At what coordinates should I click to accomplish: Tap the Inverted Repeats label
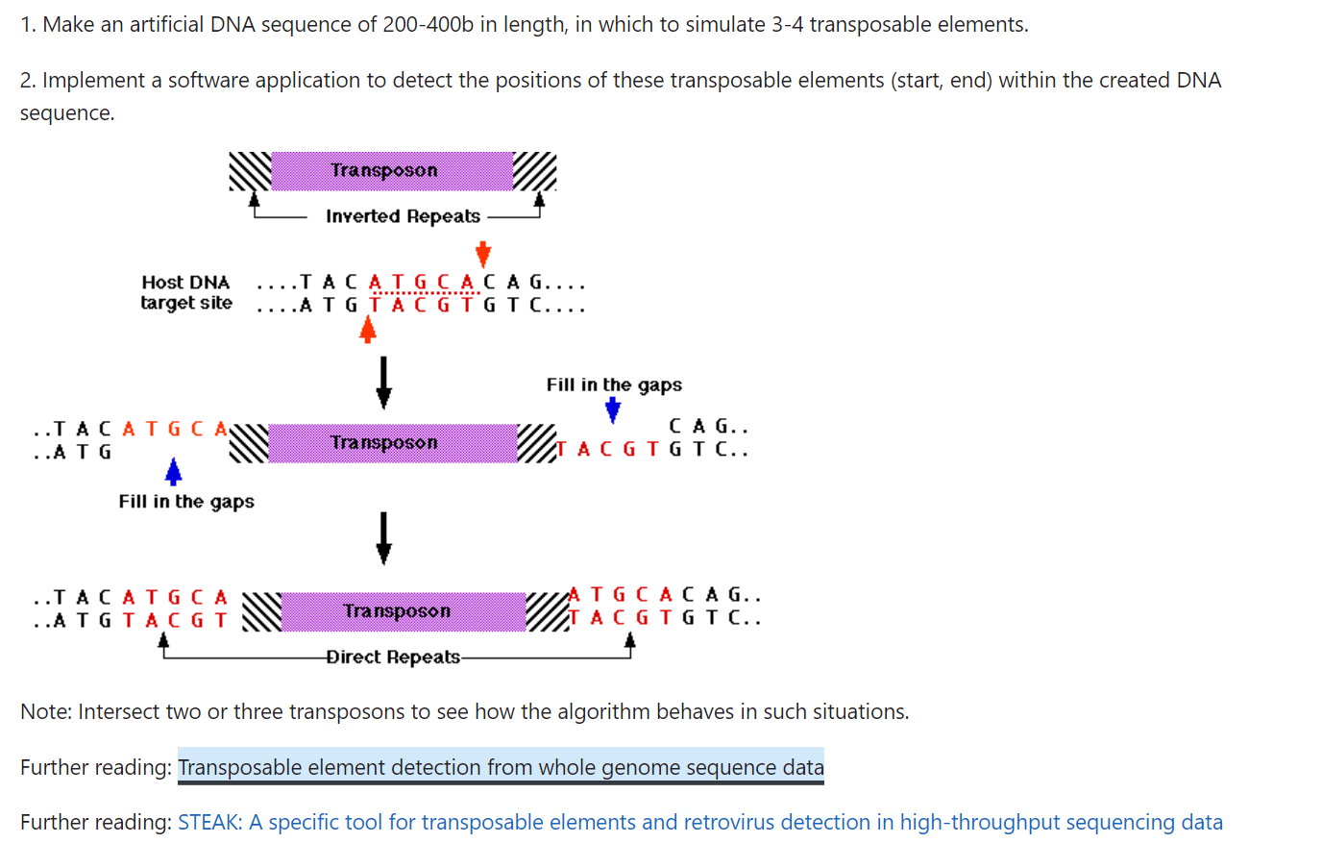pyautogui.click(x=403, y=216)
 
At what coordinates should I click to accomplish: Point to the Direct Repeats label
pyautogui.click(x=393, y=657)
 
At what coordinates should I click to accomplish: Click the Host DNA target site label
pyautogui.click(x=186, y=292)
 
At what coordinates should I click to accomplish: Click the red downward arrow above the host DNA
pyautogui.click(x=483, y=254)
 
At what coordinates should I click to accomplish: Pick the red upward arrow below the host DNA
pyautogui.click(x=367, y=331)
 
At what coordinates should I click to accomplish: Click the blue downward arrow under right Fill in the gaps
pyautogui.click(x=612, y=410)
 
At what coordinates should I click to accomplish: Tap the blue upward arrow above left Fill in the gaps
pyautogui.click(x=173, y=472)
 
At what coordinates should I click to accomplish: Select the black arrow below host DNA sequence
pyautogui.click(x=383, y=382)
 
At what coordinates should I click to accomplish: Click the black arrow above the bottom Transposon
pyautogui.click(x=383, y=537)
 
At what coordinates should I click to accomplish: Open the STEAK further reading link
pyautogui.click(x=699, y=822)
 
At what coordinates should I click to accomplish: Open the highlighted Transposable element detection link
pyautogui.click(x=501, y=767)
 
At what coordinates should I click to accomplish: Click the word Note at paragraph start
pyautogui.click(x=45, y=711)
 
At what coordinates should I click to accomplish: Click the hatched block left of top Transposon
pyautogui.click(x=250, y=172)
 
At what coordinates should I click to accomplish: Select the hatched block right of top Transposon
pyautogui.click(x=535, y=171)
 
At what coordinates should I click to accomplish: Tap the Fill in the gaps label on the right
pyautogui.click(x=614, y=384)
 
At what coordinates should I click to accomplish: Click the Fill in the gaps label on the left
pyautogui.click(x=186, y=502)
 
